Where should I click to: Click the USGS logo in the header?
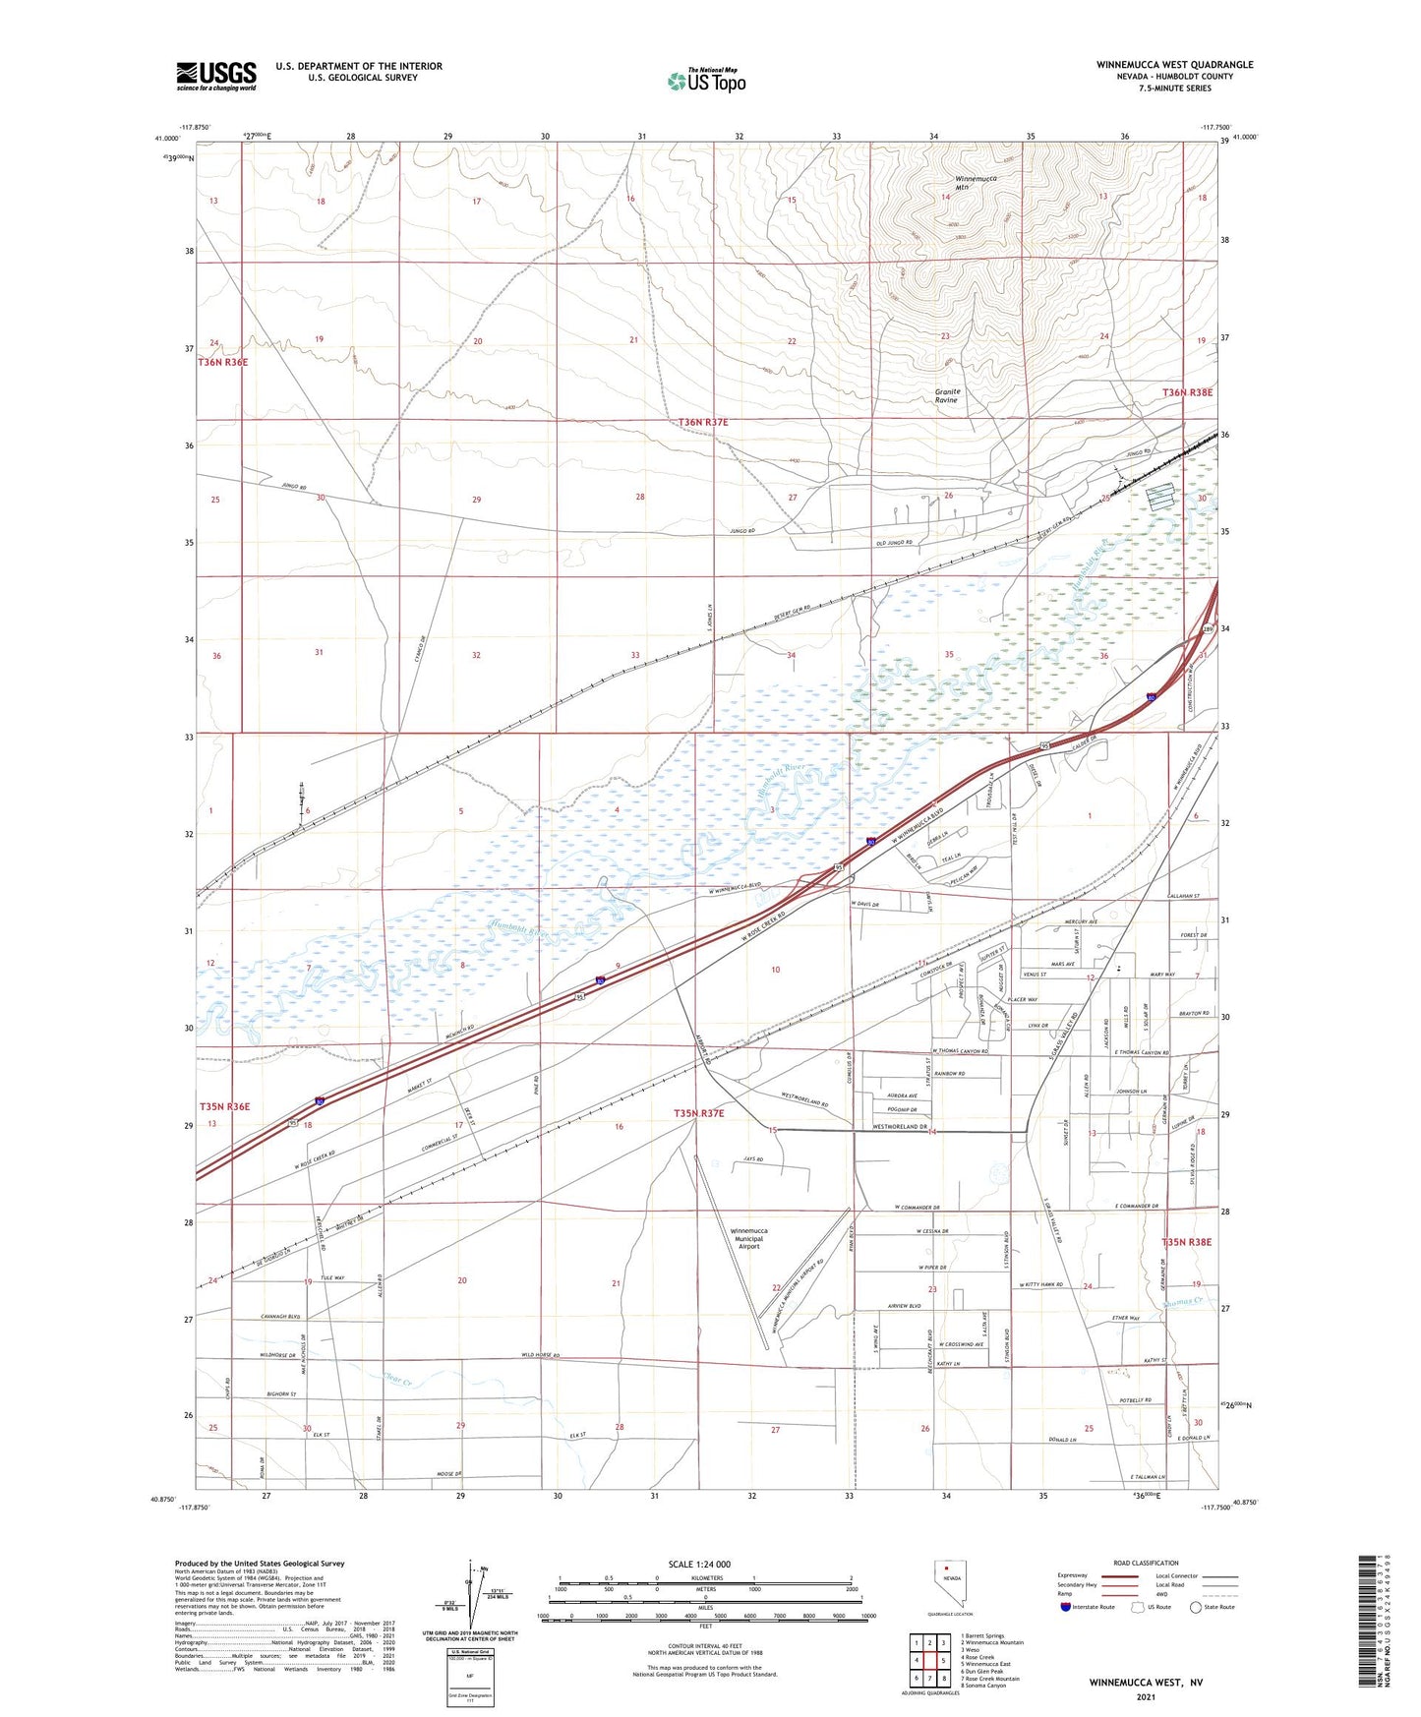point(216,76)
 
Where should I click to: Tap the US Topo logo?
point(705,80)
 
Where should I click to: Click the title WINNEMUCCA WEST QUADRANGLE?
point(1174,65)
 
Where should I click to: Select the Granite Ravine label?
point(947,395)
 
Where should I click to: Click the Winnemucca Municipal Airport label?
point(749,1238)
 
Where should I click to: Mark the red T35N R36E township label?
point(224,1106)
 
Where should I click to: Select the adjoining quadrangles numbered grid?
point(929,1660)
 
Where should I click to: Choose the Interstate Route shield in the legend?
point(1066,1607)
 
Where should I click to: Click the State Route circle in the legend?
point(1195,1607)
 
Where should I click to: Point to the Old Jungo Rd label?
point(895,543)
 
